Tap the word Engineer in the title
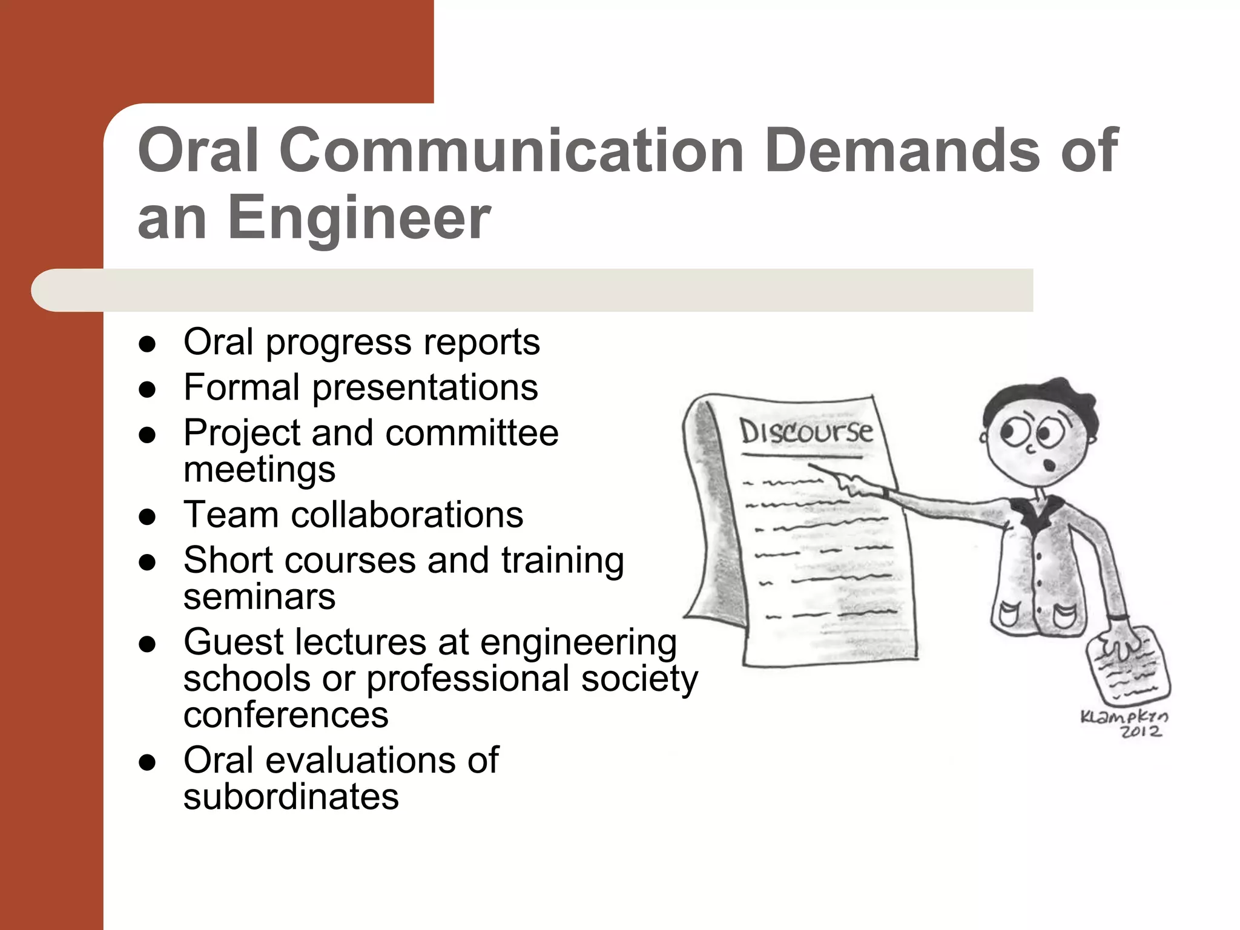359,218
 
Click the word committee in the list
472,434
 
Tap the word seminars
259,597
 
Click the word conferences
286,716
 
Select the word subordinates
291,797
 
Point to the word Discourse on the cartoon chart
806,432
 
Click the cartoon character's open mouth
1049,464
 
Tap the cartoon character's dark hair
1041,400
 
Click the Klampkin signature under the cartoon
1124,717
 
